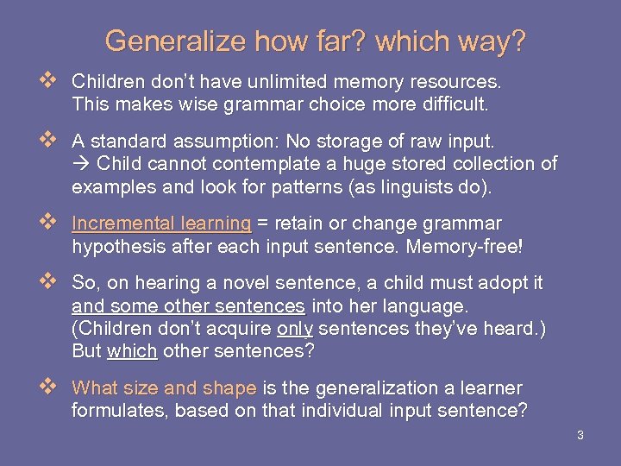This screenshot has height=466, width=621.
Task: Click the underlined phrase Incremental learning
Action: click(161, 223)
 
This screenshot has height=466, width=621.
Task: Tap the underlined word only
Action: click(293, 329)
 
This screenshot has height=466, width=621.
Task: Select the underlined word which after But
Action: click(132, 352)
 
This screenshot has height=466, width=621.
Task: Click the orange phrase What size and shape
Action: click(164, 388)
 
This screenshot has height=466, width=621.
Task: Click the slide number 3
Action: click(580, 435)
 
